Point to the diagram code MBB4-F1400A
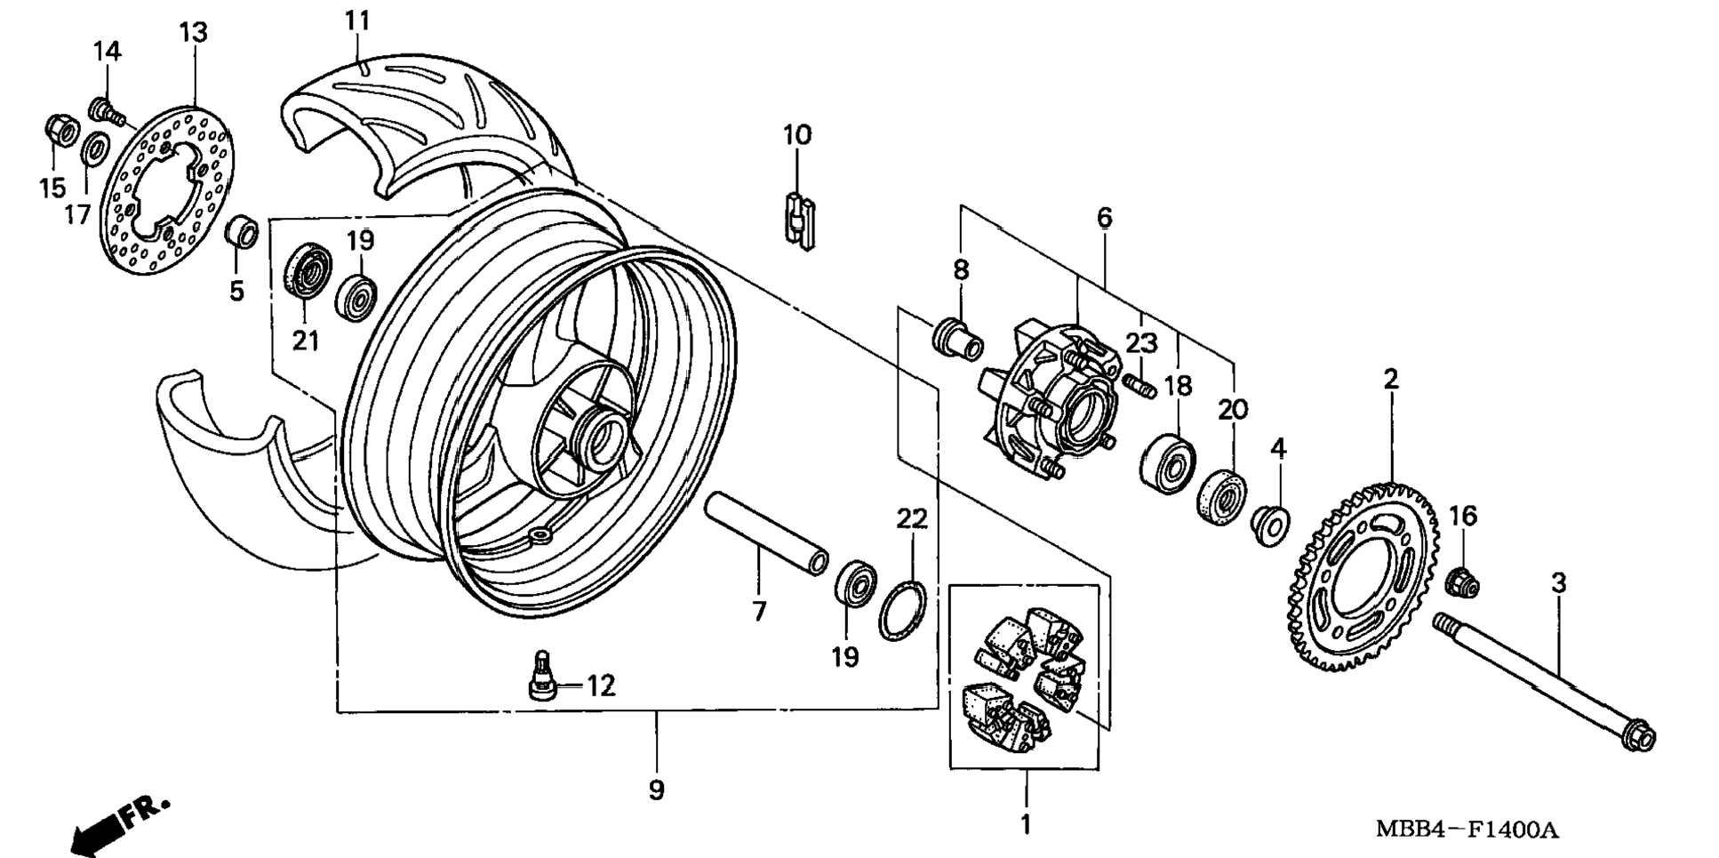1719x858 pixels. point(1467,830)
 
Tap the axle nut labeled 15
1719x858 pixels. point(63,132)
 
